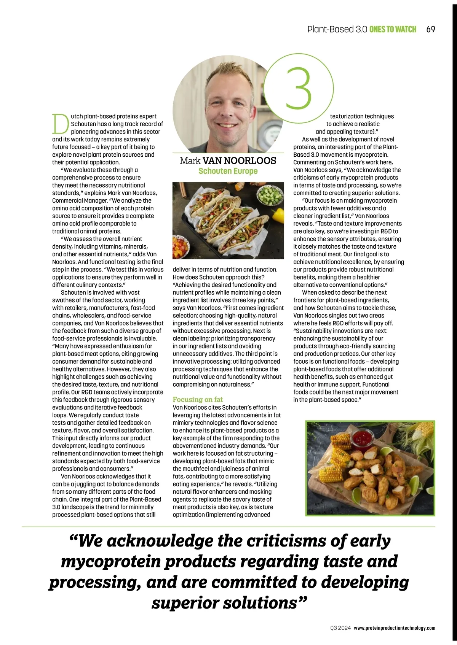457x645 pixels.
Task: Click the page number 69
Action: [x=431, y=30]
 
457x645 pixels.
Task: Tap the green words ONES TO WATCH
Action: [x=393, y=30]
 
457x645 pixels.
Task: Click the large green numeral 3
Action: [x=299, y=88]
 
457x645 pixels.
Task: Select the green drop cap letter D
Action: [x=60, y=124]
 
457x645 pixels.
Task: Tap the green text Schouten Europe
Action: [x=228, y=171]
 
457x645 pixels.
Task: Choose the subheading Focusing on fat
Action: [x=198, y=399]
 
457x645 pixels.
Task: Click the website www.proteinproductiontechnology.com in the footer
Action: [x=395, y=628]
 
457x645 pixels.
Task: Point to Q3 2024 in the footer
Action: [x=340, y=628]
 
